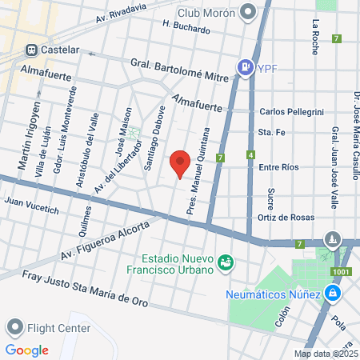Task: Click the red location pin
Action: (x=180, y=164)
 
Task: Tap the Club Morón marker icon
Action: (x=246, y=11)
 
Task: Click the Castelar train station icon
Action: (x=32, y=50)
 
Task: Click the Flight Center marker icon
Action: (x=14, y=327)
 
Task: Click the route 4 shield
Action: (x=251, y=154)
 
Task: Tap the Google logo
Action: (x=26, y=350)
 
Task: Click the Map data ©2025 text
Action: (x=326, y=354)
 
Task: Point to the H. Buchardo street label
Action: (x=186, y=27)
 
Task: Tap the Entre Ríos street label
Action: (x=279, y=167)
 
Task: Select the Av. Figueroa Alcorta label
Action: (x=104, y=242)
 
